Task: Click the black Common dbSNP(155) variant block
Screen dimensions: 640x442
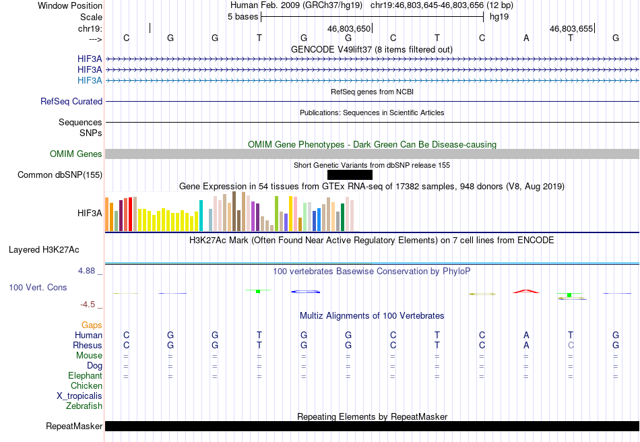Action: pos(350,175)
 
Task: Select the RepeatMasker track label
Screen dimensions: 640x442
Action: pos(74,426)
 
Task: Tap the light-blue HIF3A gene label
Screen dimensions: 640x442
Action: pos(90,80)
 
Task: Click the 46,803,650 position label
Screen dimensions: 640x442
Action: pos(349,28)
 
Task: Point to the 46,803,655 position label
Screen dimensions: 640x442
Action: pos(571,28)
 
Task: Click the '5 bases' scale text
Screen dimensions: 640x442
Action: pos(243,17)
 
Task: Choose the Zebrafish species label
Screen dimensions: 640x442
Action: pos(84,406)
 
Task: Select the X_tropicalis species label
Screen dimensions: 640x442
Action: pos(79,396)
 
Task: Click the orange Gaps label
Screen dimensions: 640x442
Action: pos(92,325)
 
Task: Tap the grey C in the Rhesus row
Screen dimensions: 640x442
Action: pos(571,345)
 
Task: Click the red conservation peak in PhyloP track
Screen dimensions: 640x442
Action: pos(526,291)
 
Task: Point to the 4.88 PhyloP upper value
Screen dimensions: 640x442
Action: pos(86,271)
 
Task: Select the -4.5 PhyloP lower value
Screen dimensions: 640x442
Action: pos(88,305)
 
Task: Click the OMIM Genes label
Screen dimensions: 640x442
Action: pos(76,154)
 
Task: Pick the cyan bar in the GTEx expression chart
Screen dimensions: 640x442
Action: pos(201,216)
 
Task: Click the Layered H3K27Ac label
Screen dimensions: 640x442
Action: pos(44,250)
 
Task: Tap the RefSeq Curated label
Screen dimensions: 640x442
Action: pos(71,101)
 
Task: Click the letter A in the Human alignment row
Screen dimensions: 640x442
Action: pos(526,335)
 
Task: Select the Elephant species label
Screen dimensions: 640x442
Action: pos(86,375)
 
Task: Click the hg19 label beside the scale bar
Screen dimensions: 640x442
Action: pos(499,17)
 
